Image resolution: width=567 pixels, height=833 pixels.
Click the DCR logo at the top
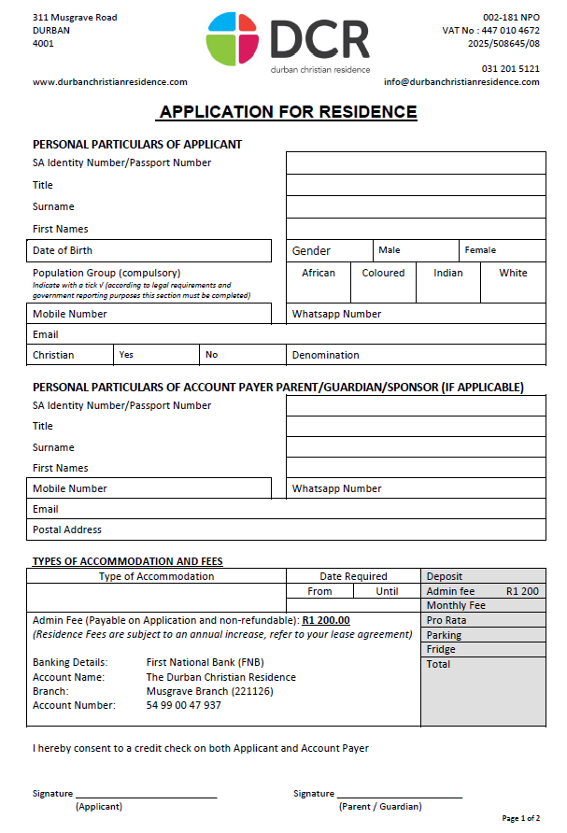pos(288,42)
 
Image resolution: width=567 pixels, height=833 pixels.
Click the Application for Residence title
pos(288,112)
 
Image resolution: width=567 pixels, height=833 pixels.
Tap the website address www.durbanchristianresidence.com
pos(110,82)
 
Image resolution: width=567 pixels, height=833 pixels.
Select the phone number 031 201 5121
pos(510,68)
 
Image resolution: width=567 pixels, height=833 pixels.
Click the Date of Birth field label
pos(63,250)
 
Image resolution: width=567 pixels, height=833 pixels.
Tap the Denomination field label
pos(325,355)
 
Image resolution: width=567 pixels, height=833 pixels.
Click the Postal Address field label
pos(67,529)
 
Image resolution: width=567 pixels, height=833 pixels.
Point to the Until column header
pos(387,591)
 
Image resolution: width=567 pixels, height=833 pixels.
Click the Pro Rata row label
pos(447,620)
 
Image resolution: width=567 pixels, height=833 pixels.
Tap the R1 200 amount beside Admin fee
pos(522,591)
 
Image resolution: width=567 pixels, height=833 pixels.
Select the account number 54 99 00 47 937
pos(184,705)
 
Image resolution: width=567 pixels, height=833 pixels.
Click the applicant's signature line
pos(147,796)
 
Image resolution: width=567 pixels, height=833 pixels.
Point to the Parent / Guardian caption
pos(380,807)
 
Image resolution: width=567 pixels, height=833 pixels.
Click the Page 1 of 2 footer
pos(520,819)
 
